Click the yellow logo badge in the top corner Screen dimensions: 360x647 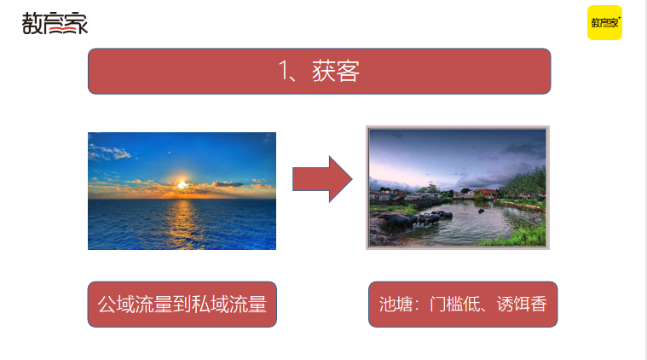point(604,23)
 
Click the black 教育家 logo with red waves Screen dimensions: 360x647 point(55,23)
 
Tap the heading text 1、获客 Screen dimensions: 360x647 point(319,72)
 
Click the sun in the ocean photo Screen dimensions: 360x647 point(182,183)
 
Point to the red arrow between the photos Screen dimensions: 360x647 point(321,179)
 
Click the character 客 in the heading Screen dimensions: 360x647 point(348,72)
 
